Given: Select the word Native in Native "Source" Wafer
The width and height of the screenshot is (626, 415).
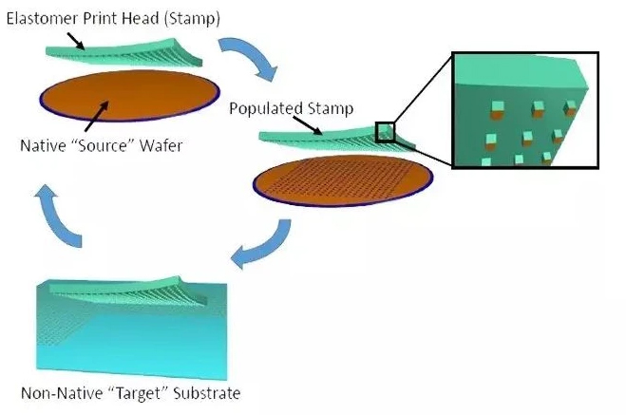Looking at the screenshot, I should [x=42, y=147].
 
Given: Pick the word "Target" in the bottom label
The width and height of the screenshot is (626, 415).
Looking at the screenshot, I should [x=133, y=392].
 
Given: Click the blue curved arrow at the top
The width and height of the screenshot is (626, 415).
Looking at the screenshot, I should [x=249, y=58].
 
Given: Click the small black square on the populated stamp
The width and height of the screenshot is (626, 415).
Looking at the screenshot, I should [x=385, y=132].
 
